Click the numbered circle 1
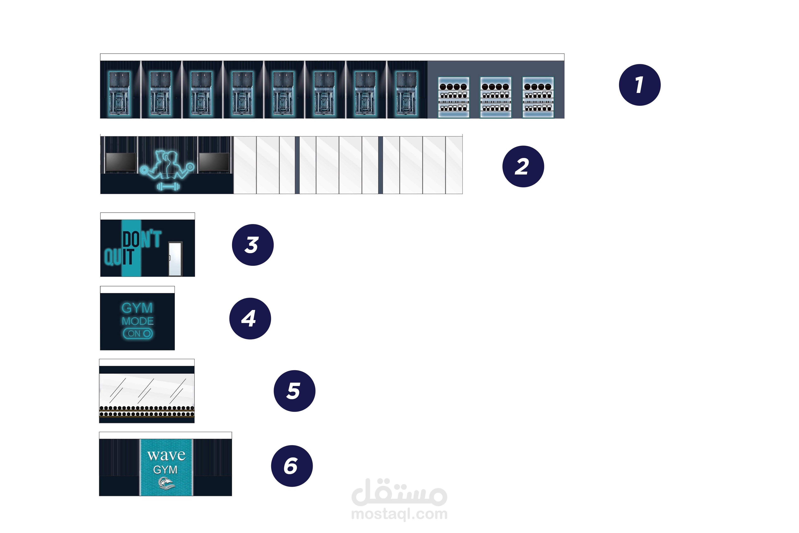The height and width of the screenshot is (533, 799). point(639,85)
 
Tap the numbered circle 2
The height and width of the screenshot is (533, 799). point(523,167)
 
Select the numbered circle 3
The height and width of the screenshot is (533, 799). point(253,245)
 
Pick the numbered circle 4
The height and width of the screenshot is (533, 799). point(250,318)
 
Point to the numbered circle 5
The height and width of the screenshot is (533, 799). point(295,391)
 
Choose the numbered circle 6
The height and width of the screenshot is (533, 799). point(292,466)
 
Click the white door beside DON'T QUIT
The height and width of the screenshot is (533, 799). point(175,259)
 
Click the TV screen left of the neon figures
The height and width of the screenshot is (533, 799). point(121,162)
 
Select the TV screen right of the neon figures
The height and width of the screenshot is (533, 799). point(214,162)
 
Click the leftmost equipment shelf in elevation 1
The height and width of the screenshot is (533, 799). point(454,97)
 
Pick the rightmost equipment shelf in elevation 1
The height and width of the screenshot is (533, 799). point(538,97)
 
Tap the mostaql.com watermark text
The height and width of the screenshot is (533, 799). point(399,514)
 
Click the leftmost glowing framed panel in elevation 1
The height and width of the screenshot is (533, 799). point(119,94)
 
